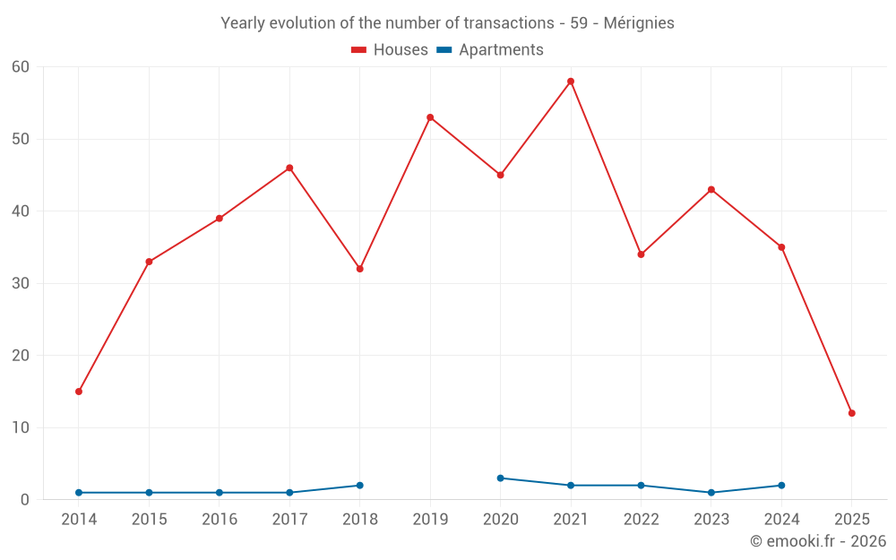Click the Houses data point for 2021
[571, 82]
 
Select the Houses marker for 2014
[79, 392]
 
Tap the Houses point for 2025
[851, 413]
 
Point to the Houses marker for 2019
[430, 117]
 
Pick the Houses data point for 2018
[360, 269]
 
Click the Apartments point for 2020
[500, 478]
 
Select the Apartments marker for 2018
[360, 486]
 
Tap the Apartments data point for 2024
[781, 486]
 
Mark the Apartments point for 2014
[79, 493]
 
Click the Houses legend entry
[390, 50]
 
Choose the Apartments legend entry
[490, 50]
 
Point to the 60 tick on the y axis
[21, 67]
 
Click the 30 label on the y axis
[21, 284]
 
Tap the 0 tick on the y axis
[25, 500]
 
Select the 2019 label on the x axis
[430, 520]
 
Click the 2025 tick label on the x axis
[851, 520]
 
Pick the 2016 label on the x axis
[220, 520]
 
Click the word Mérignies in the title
[639, 23]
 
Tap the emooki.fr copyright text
[818, 541]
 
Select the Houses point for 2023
[711, 190]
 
